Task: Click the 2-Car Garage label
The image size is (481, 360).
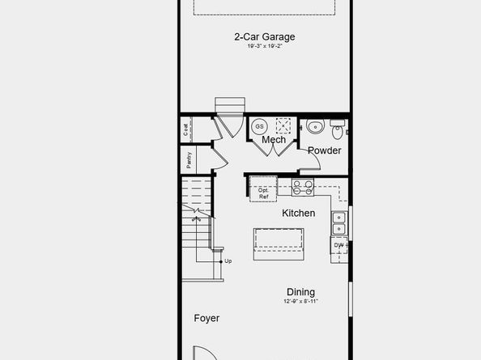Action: pyautogui.click(x=264, y=36)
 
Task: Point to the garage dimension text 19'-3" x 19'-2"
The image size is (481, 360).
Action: pyautogui.click(x=264, y=46)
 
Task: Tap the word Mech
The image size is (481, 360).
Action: pyautogui.click(x=273, y=140)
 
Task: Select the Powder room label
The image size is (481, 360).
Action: pyautogui.click(x=324, y=150)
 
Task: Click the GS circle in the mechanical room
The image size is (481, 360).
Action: pyautogui.click(x=260, y=126)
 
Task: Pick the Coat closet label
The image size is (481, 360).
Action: pyautogui.click(x=186, y=128)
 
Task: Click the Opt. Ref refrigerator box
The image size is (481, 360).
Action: pyautogui.click(x=263, y=193)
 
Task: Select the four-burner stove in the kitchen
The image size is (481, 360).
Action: pyautogui.click(x=303, y=188)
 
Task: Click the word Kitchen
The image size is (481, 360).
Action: pyautogui.click(x=298, y=214)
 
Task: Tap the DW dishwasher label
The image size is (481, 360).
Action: pyautogui.click(x=338, y=244)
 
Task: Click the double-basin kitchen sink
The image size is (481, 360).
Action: pyautogui.click(x=339, y=218)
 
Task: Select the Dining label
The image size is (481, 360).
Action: pyautogui.click(x=300, y=292)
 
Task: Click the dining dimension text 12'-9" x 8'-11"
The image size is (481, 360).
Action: pyautogui.click(x=300, y=302)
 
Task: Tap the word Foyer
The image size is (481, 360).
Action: pyautogui.click(x=206, y=318)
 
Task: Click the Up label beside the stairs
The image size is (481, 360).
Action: pyautogui.click(x=228, y=260)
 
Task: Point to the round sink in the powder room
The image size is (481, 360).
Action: pyautogui.click(x=315, y=126)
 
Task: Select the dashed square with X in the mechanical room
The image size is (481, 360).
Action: pyautogui.click(x=283, y=125)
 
